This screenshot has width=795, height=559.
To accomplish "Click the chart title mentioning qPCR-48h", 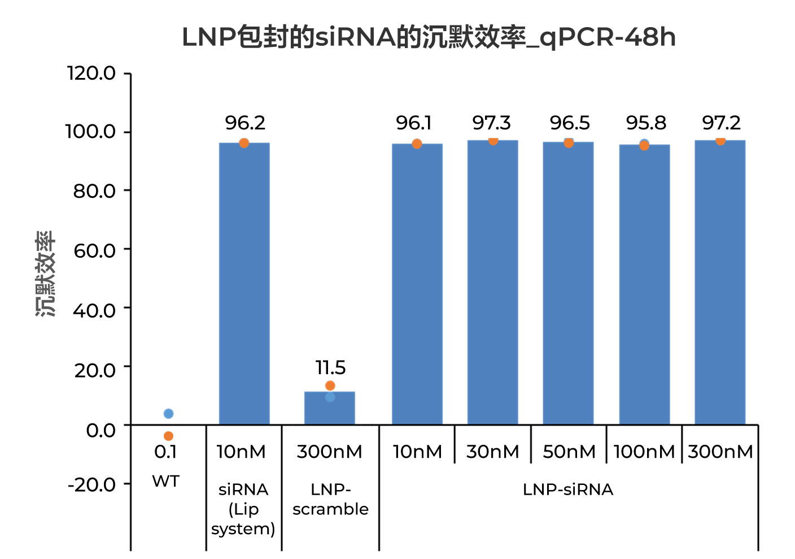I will [429, 37].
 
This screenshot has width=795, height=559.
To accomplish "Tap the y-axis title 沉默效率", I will [46, 274].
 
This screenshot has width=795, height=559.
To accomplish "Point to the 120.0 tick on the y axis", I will [91, 73].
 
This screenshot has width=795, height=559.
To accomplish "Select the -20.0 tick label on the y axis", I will [91, 484].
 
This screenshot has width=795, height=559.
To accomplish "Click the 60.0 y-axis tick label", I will [94, 250].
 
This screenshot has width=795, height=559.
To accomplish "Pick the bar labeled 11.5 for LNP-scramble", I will [330, 408].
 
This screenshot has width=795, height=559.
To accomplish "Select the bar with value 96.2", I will [244, 283].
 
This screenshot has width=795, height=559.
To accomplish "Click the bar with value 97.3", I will [492, 283].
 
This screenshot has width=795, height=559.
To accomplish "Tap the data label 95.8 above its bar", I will [646, 123].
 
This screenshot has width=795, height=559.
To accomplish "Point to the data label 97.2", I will [721, 123].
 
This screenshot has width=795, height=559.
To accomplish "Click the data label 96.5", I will [569, 123].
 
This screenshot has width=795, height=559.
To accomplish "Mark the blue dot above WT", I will [168, 414].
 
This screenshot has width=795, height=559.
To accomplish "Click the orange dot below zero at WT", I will [168, 436].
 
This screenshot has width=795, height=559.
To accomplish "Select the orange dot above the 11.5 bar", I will [330, 385].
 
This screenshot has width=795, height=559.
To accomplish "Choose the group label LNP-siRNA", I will [568, 489].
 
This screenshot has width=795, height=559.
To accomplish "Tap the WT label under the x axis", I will [166, 482].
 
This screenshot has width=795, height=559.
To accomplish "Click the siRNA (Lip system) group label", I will [243, 509].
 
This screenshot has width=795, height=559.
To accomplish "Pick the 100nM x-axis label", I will [644, 452].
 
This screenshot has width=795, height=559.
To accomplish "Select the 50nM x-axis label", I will [569, 452].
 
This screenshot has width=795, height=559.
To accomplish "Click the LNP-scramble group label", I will [330, 499].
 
